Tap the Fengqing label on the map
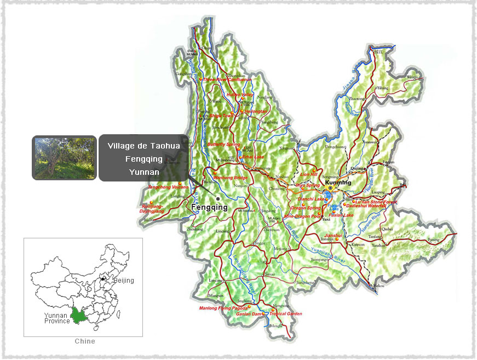209,208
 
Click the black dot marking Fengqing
218,198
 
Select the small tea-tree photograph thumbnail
64,158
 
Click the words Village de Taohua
143,146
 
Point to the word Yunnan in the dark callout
143,172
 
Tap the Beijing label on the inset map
123,281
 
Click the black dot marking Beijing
103,279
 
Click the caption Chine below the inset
84,341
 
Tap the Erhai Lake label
252,157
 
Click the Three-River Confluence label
227,79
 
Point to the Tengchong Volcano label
168,187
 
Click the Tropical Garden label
285,314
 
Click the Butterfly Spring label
223,144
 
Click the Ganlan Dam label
249,314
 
